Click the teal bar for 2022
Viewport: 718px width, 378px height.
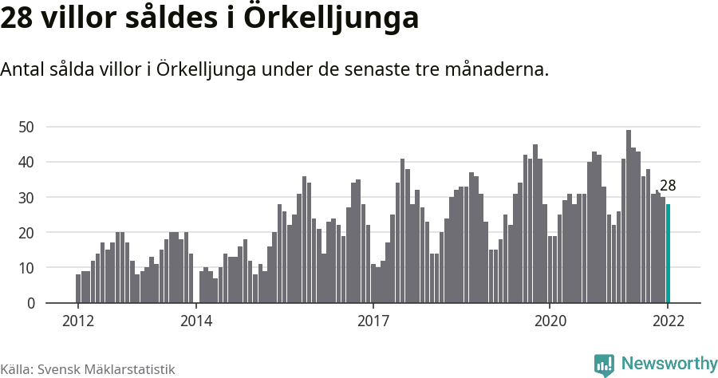[669, 254]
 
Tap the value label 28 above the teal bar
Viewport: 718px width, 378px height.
[668, 186]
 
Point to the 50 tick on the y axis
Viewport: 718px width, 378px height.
[26, 127]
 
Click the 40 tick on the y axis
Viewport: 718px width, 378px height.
[26, 162]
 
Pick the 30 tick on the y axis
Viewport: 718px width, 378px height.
[26, 197]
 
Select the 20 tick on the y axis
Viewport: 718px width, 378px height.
[26, 233]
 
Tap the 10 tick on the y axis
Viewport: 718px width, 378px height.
[26, 268]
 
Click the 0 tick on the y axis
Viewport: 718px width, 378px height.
[30, 303]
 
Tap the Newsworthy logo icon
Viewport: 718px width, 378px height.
[604, 365]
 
